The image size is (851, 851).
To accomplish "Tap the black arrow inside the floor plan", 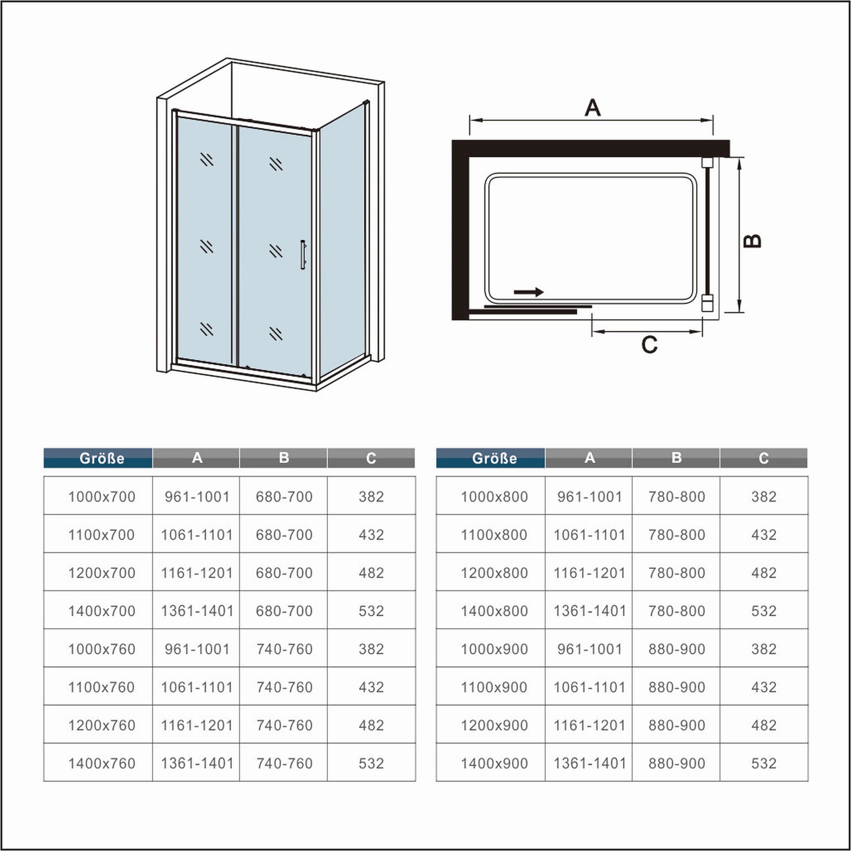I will [x=528, y=292].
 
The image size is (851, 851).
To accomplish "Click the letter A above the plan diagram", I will [x=592, y=107].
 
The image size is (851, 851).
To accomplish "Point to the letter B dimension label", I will [x=752, y=241].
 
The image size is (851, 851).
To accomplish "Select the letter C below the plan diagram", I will [x=649, y=344].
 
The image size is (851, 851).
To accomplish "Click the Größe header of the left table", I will [x=102, y=458].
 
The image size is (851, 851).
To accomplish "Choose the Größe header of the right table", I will [x=494, y=458].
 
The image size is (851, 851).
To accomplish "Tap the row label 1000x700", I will [x=102, y=497].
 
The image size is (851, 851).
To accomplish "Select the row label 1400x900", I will [x=494, y=764].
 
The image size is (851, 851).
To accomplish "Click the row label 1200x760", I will [x=102, y=726].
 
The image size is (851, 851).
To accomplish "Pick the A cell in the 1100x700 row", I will [x=197, y=535].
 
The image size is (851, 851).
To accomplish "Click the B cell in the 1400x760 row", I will [x=284, y=764].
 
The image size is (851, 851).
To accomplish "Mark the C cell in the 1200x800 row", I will [x=764, y=573].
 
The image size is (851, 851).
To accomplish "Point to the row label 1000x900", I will [x=494, y=649].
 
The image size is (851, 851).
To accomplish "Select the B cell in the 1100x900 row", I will [x=677, y=688].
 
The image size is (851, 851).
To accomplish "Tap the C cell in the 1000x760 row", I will [x=371, y=649].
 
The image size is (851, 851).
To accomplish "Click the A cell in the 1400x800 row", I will [x=589, y=611].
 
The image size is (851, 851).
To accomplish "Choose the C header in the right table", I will [x=764, y=458].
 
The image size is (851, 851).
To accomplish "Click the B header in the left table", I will [x=284, y=458].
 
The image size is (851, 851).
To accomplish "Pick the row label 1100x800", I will [x=494, y=535].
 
